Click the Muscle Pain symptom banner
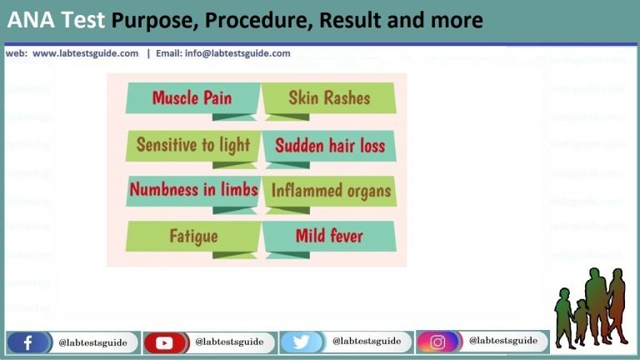(x=192, y=98)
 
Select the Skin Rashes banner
(x=328, y=98)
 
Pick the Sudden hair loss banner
(x=330, y=146)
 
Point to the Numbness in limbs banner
(x=193, y=190)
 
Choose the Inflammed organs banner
(x=330, y=191)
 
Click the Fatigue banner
(x=193, y=236)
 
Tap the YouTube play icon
(x=164, y=342)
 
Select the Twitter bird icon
(x=301, y=342)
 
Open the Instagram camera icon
(x=437, y=342)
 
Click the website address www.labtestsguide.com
(x=85, y=53)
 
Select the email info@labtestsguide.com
(x=223, y=53)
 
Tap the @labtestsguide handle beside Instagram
(x=502, y=341)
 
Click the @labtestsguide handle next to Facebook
(x=92, y=342)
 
